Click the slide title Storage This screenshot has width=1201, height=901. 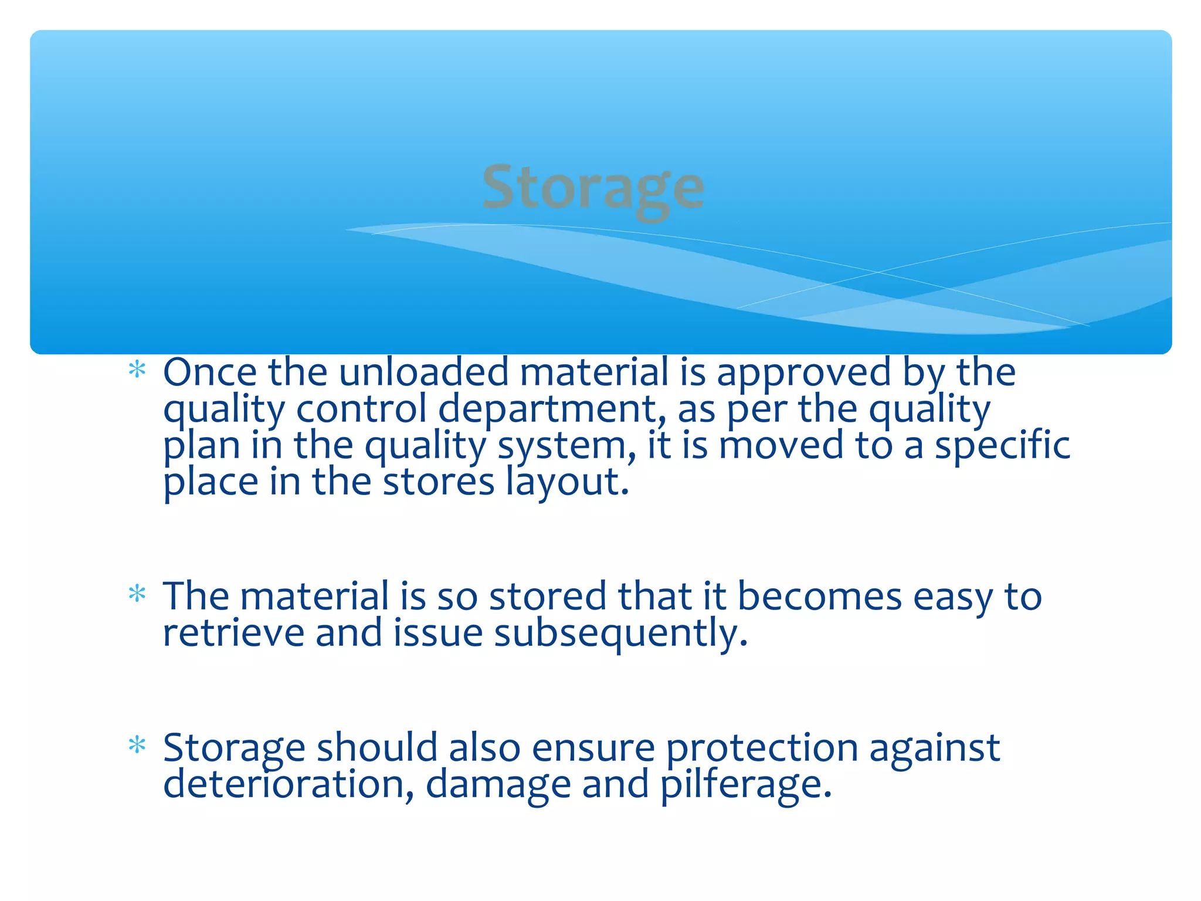[x=593, y=188]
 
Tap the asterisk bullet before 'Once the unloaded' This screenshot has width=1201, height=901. [x=137, y=370]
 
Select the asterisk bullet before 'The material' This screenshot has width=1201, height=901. [x=137, y=594]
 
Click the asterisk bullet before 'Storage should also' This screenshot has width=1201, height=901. [x=137, y=746]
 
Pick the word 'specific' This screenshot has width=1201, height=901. [x=1002, y=446]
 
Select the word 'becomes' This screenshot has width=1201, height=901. [x=819, y=597]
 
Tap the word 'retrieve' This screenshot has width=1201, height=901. [x=233, y=634]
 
